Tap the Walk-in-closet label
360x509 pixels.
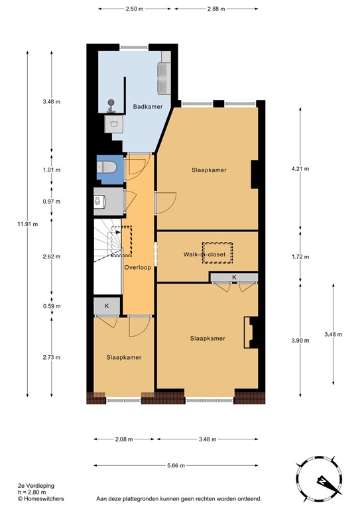pyautogui.click(x=206, y=254)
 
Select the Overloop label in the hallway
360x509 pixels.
pyautogui.click(x=137, y=267)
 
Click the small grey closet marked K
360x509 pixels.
pyautogui.click(x=106, y=306)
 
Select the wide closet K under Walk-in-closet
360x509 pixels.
pyautogui.click(x=233, y=276)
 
